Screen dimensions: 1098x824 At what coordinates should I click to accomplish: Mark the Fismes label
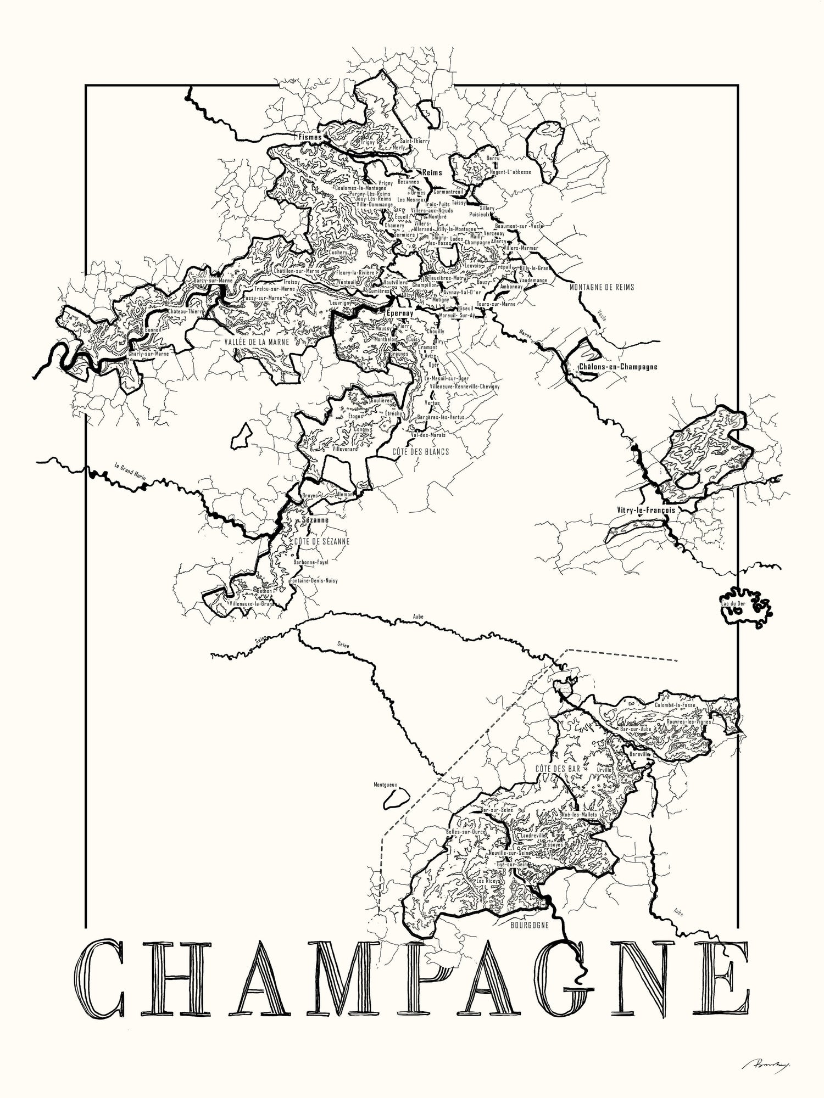310,136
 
